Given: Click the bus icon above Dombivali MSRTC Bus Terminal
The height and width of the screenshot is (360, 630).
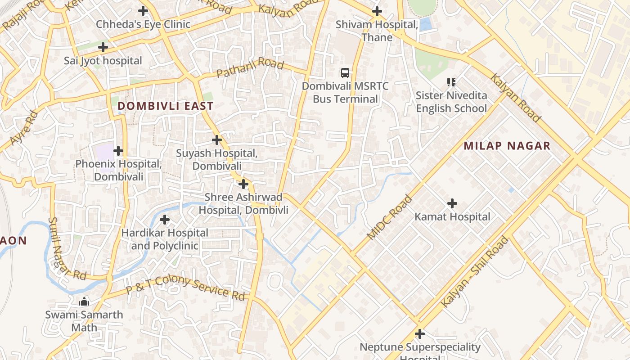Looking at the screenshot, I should (x=345, y=72).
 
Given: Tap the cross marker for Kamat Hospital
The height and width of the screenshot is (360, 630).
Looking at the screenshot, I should (x=452, y=203).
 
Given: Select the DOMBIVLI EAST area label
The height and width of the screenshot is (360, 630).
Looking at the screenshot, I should (x=165, y=106).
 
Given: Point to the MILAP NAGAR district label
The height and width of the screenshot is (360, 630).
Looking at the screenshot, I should (x=507, y=146).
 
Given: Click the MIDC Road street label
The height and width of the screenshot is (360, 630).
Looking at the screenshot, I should (x=389, y=217).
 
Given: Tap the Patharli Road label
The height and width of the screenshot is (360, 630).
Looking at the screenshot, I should (x=250, y=67).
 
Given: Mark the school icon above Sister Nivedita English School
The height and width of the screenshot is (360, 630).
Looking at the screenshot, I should (x=451, y=82).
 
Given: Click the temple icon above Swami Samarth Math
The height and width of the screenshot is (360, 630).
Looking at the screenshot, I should (x=84, y=301).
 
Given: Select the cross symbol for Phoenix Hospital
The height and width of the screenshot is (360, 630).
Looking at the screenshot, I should (x=118, y=150).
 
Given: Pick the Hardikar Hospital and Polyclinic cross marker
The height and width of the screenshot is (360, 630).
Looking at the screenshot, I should (x=165, y=220).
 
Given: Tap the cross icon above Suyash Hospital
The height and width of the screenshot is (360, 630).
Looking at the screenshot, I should (x=217, y=139).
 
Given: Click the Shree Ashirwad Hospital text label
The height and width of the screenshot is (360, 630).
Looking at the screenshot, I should (x=243, y=203).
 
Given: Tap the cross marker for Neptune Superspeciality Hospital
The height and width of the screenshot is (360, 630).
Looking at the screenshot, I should (x=420, y=334).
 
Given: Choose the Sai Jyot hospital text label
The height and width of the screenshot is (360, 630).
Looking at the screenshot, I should (x=103, y=61).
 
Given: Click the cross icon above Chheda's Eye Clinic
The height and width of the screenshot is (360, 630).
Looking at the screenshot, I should (x=143, y=11).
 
